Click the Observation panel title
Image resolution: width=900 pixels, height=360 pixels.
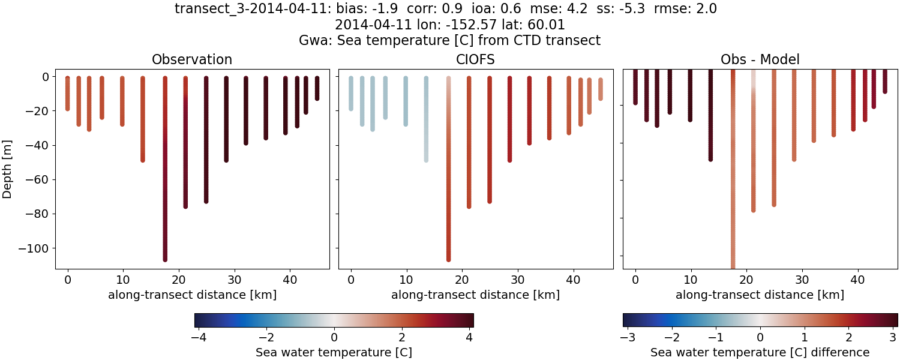[x=192, y=59]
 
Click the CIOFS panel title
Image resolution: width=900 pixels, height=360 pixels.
[x=476, y=59]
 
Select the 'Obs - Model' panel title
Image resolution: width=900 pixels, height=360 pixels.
[x=760, y=59]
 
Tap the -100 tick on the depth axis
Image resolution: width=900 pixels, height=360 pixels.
[x=36, y=248]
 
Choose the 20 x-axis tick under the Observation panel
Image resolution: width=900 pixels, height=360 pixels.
[x=178, y=279]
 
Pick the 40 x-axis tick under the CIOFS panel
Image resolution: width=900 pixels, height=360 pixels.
[x=573, y=279]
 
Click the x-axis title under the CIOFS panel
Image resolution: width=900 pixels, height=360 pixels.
[x=475, y=295]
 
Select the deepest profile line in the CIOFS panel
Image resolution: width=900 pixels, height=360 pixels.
[x=448, y=168]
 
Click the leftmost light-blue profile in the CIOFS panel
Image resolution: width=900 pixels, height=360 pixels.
[x=351, y=93]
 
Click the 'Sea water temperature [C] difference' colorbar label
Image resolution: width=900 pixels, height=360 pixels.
[x=760, y=352]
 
